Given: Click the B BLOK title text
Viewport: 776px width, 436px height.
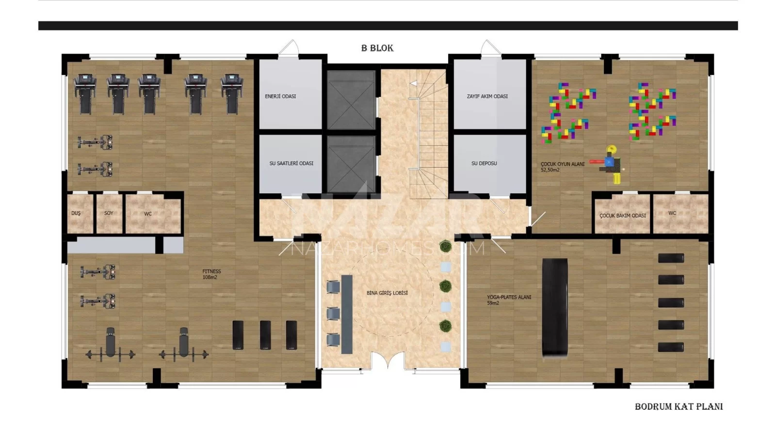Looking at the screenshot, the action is (377, 48).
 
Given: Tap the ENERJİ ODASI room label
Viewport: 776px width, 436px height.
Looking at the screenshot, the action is (280, 96).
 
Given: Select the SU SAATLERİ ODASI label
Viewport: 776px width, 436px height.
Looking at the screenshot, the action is (291, 163).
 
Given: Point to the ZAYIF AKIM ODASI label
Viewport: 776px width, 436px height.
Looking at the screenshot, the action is (487, 96).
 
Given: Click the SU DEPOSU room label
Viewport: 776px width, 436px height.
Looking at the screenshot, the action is (484, 163).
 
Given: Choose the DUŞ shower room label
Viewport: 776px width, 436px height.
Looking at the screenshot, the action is (76, 213).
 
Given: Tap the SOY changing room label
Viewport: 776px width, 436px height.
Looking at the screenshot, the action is (109, 213).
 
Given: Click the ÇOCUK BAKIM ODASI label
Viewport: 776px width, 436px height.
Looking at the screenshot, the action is (623, 216).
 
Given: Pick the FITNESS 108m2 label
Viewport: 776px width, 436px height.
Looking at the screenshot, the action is (211, 274).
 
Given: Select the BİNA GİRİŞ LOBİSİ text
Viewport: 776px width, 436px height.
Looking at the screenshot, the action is (387, 293).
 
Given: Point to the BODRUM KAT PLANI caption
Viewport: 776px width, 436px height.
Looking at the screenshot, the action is (679, 406).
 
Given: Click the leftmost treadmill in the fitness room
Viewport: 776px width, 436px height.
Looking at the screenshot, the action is (85, 94).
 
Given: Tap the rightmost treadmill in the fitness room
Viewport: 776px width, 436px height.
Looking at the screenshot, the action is (232, 94).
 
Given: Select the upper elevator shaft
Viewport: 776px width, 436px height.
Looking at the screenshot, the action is (351, 100).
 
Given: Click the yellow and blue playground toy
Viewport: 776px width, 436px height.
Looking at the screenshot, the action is (610, 164).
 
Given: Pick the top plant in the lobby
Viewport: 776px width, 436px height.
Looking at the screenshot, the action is (446, 247).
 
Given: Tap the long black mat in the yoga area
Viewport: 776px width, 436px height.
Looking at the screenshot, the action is (555, 308).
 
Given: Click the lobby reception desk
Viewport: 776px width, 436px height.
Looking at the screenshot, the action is (347, 314).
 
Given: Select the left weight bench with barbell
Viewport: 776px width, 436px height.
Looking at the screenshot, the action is (110, 344).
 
